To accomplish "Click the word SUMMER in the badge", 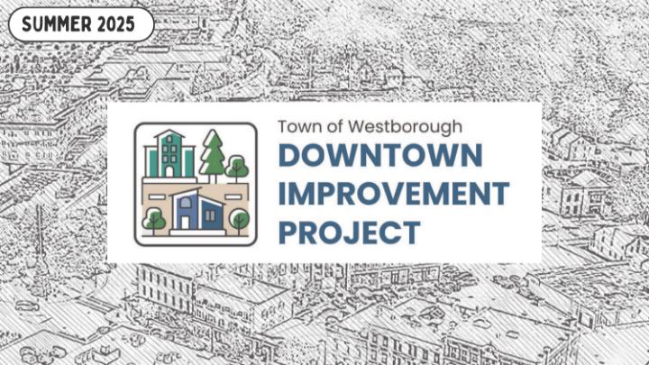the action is coord(50,24).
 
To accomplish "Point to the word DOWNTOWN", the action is coord(380,155).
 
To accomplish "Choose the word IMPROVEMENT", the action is coord(394,193).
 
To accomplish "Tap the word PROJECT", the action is coord(350,233).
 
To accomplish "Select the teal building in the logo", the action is coord(169,154).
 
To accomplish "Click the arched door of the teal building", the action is coord(169,171).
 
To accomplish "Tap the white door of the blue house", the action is coord(185,223).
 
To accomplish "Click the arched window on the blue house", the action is coord(186,203).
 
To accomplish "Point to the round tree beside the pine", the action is coord(237,169).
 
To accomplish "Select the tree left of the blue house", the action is coord(154,221).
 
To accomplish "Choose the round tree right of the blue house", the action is coord(239,221).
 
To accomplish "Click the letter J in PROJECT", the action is coord(345,233).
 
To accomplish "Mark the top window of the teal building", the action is coord(169,140).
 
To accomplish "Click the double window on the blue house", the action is coord(210,215).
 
